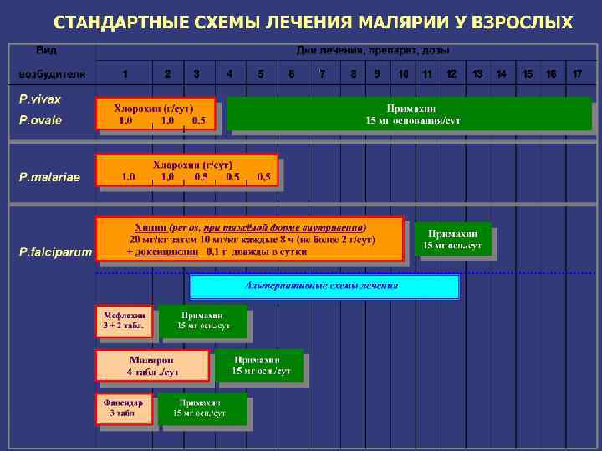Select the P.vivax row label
click(x=40, y=99)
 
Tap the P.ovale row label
click(x=40, y=120)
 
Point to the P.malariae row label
click(x=50, y=177)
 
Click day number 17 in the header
click(x=577, y=74)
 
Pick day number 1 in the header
click(x=125, y=74)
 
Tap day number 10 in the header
click(x=403, y=74)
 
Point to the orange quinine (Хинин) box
click(x=249, y=239)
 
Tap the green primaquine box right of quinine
click(x=451, y=239)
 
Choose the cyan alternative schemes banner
click(x=324, y=286)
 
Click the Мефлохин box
click(x=124, y=320)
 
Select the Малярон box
click(x=151, y=366)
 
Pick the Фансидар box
click(x=124, y=408)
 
